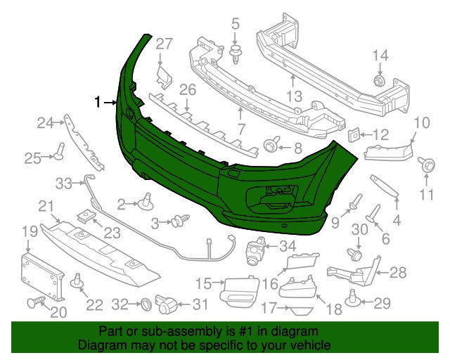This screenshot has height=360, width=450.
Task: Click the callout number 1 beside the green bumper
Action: point(98,103)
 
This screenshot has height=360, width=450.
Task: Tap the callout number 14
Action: point(380,56)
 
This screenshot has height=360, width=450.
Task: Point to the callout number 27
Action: point(163,44)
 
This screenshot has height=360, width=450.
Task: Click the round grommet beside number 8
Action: point(270,146)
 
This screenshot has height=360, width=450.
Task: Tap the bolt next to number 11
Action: point(425,165)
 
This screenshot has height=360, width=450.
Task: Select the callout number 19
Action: point(28,231)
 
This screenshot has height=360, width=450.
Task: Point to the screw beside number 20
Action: point(34,303)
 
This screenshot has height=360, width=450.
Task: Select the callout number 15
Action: point(203,283)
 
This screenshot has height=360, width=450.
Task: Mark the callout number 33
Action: point(65,184)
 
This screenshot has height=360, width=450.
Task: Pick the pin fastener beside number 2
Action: point(148,202)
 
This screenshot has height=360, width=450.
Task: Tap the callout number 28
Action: point(399,272)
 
